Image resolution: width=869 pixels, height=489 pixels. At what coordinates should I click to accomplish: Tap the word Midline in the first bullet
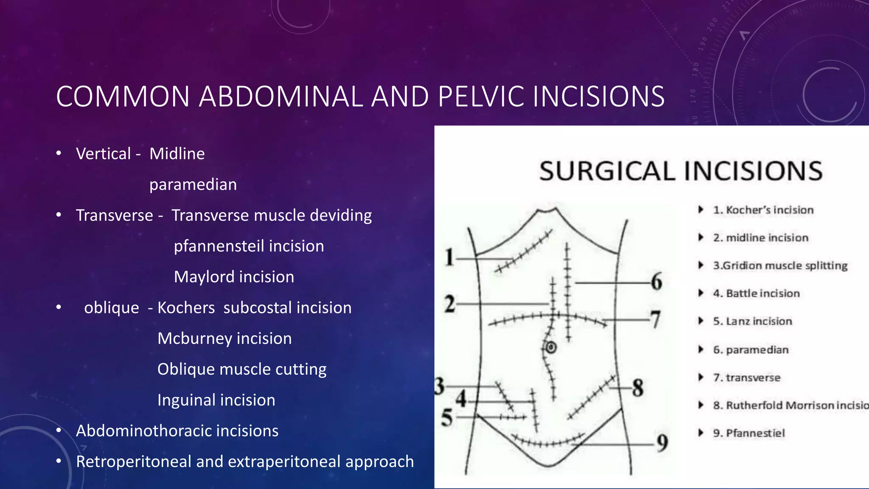(x=177, y=154)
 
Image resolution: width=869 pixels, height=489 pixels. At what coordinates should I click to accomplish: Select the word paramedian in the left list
(x=193, y=185)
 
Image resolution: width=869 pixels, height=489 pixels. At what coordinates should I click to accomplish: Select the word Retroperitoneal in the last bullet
(x=133, y=462)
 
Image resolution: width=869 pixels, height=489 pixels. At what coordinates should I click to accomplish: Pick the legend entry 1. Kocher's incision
(x=763, y=210)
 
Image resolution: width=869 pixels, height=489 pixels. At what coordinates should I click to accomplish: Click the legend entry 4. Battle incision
(x=756, y=293)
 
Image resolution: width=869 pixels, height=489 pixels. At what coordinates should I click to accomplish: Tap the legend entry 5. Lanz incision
(x=752, y=321)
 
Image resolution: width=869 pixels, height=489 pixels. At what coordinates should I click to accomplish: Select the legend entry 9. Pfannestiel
(x=749, y=433)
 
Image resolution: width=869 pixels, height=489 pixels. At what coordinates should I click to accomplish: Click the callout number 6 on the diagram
(x=656, y=281)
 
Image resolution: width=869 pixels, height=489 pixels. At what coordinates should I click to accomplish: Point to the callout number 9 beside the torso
(x=662, y=443)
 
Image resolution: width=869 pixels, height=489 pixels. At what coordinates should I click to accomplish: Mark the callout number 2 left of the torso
(x=450, y=304)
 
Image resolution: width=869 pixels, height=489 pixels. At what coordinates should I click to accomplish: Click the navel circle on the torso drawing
(x=551, y=348)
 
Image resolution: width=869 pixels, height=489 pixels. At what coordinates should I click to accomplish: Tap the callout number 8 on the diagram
(x=637, y=388)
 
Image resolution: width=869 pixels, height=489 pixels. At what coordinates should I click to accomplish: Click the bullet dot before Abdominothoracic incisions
(x=59, y=430)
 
